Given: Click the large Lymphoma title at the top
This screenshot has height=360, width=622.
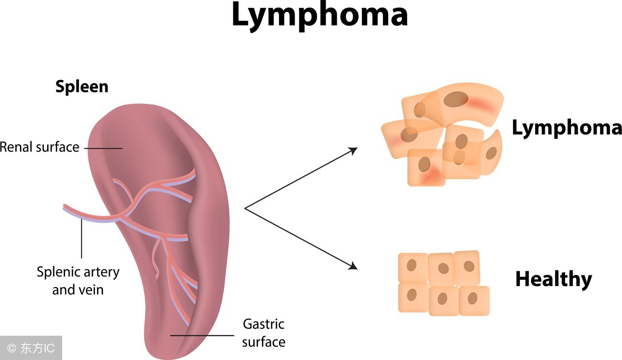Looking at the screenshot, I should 319,15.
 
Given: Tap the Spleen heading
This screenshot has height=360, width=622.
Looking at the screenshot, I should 82,86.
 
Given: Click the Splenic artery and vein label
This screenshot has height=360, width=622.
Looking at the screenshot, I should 78,281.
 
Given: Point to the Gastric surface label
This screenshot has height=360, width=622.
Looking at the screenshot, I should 263,333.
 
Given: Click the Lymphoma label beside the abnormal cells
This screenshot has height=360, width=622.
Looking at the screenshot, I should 567,128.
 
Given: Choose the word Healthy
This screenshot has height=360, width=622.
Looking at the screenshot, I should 553,279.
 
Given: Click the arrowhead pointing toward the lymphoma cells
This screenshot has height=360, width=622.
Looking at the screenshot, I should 354,149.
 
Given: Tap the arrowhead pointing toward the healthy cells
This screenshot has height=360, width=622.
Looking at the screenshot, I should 354,266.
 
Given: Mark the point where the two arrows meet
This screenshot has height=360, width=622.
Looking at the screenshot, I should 244,208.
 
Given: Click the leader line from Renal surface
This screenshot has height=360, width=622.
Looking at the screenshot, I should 104,148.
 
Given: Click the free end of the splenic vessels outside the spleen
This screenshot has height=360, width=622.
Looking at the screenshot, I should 66,207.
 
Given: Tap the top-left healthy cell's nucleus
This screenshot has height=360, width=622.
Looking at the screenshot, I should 412,266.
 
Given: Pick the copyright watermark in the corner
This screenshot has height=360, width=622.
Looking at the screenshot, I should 31,348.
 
